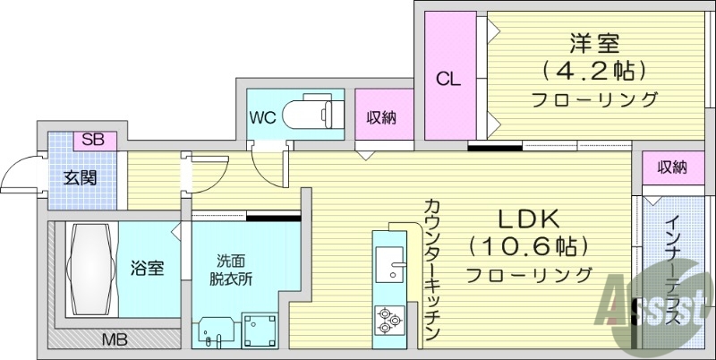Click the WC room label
tap(262, 116)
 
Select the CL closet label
tap(448, 79)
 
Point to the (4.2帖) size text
tap(594, 70)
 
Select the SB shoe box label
tap(92, 140)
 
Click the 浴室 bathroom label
tap(148, 267)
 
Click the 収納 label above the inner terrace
tap(672, 167)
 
